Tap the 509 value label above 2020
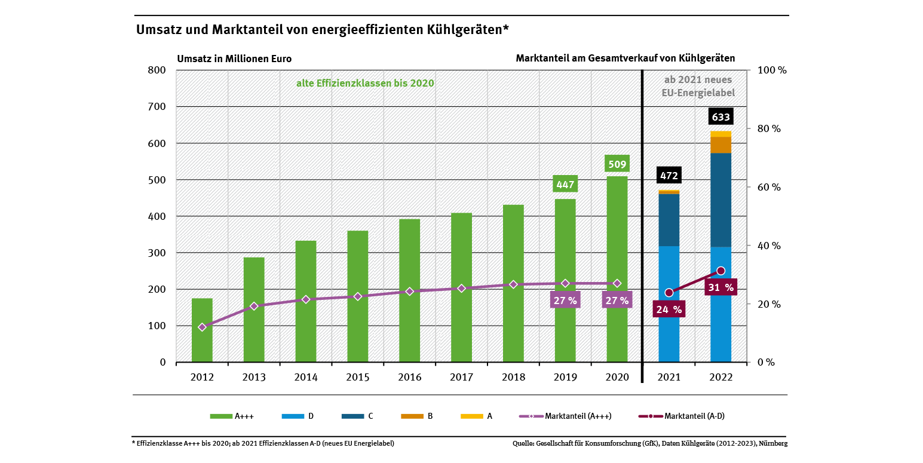pos(617,164)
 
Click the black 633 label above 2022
pos(720,116)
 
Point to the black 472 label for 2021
pos(669,176)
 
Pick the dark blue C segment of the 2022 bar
pos(720,200)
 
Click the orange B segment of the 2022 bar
pos(720,145)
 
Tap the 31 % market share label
pos(721,287)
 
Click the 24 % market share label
pos(669,309)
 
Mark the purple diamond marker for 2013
pos(254,306)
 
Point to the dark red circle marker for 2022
pos(720,271)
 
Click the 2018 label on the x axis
pos(513,378)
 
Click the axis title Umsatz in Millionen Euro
pos(234,59)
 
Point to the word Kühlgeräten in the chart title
pos(464,29)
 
